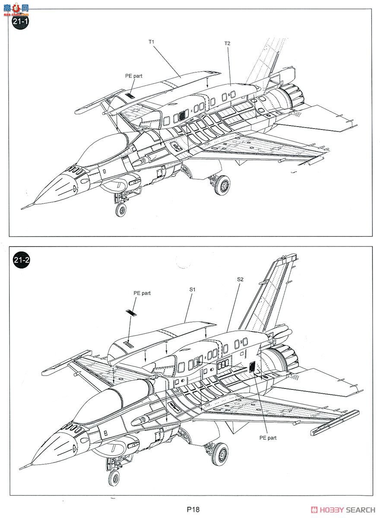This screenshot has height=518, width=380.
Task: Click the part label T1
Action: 152,42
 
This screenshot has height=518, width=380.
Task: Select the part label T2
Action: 227,44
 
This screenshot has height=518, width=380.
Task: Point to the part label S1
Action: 193,289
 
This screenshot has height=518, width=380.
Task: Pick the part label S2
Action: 240,279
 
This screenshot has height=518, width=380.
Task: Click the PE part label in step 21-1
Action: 133,76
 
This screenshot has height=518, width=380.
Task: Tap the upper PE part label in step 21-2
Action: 142,293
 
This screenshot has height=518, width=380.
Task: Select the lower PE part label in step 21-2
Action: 268,437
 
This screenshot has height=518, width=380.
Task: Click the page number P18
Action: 193,509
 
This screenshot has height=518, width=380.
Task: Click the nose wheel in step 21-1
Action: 121,210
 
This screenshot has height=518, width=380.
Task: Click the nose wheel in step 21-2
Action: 114,477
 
